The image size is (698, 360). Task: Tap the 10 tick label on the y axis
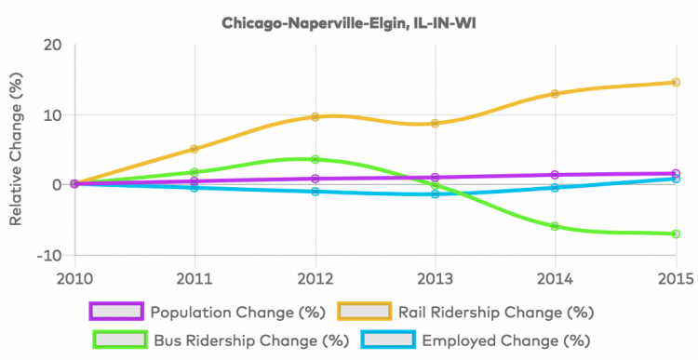point(52,115)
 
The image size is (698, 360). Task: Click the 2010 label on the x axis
point(74,280)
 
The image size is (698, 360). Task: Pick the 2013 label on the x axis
point(435,280)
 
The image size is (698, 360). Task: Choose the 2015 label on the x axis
point(676,280)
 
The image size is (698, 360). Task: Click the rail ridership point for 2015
point(676,83)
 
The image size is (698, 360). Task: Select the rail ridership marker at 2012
point(315,117)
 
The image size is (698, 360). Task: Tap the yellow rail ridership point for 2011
point(195,149)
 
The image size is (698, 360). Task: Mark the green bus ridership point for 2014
point(556,226)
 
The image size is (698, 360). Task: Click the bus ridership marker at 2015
point(676,233)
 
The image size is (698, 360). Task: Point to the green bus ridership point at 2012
point(315,159)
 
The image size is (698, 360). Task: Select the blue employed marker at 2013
point(435,193)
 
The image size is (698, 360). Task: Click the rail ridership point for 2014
point(556,94)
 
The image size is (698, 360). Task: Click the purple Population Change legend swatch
point(116,312)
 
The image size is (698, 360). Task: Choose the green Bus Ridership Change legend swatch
point(119,340)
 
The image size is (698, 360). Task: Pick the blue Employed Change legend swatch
point(387,340)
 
